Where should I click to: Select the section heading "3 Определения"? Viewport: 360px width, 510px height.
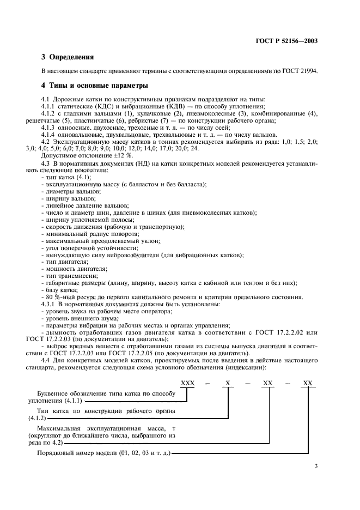[x=68, y=57]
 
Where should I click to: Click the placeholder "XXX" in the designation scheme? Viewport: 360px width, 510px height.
[x=187, y=383]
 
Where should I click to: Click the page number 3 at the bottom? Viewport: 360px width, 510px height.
[x=316, y=466]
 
